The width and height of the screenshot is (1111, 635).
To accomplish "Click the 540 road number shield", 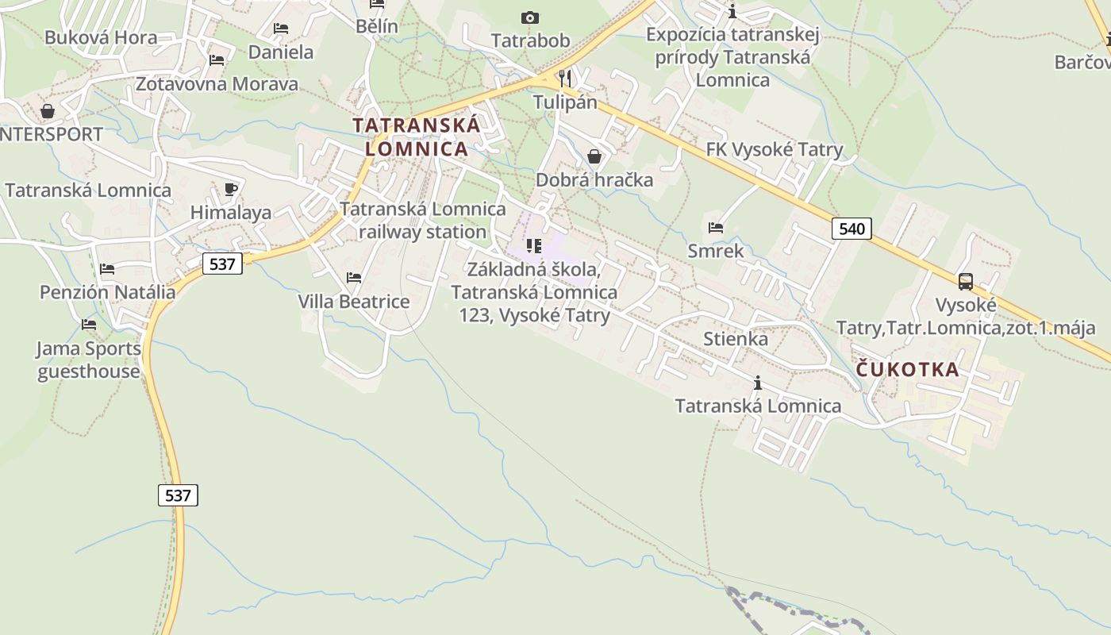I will click(x=852, y=229).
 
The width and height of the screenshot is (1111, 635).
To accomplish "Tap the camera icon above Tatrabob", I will click(x=529, y=17).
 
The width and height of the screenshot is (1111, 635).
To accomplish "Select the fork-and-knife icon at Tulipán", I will click(x=564, y=78).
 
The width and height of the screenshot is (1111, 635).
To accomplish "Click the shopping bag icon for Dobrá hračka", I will click(x=594, y=156).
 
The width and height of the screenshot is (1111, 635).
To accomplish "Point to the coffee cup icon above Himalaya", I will click(x=231, y=189).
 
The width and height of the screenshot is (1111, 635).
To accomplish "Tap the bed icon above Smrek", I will click(x=716, y=228).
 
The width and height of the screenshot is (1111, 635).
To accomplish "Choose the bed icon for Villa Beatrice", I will click(x=354, y=278).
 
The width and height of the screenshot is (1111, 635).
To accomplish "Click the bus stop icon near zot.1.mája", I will click(x=965, y=281).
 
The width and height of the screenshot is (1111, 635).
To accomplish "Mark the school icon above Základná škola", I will click(x=534, y=246).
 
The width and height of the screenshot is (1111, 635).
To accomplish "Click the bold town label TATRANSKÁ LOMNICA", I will click(x=417, y=137).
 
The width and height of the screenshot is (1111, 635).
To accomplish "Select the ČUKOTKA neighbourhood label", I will click(x=908, y=369).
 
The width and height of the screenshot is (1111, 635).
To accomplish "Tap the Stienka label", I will click(x=736, y=339).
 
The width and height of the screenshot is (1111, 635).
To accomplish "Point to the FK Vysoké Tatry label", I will click(x=775, y=149).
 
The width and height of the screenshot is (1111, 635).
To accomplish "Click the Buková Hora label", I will click(x=101, y=37).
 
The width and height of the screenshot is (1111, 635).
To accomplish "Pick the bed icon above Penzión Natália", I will click(x=107, y=269).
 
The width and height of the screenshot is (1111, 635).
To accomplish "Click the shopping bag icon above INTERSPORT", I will click(x=48, y=110).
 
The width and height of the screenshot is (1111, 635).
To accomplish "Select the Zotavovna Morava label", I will click(x=217, y=83).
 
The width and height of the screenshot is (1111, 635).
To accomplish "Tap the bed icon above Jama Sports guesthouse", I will click(x=89, y=325).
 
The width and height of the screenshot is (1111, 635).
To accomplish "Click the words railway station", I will click(x=422, y=232).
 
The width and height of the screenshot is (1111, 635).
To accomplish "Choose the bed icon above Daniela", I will click(x=280, y=29).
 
